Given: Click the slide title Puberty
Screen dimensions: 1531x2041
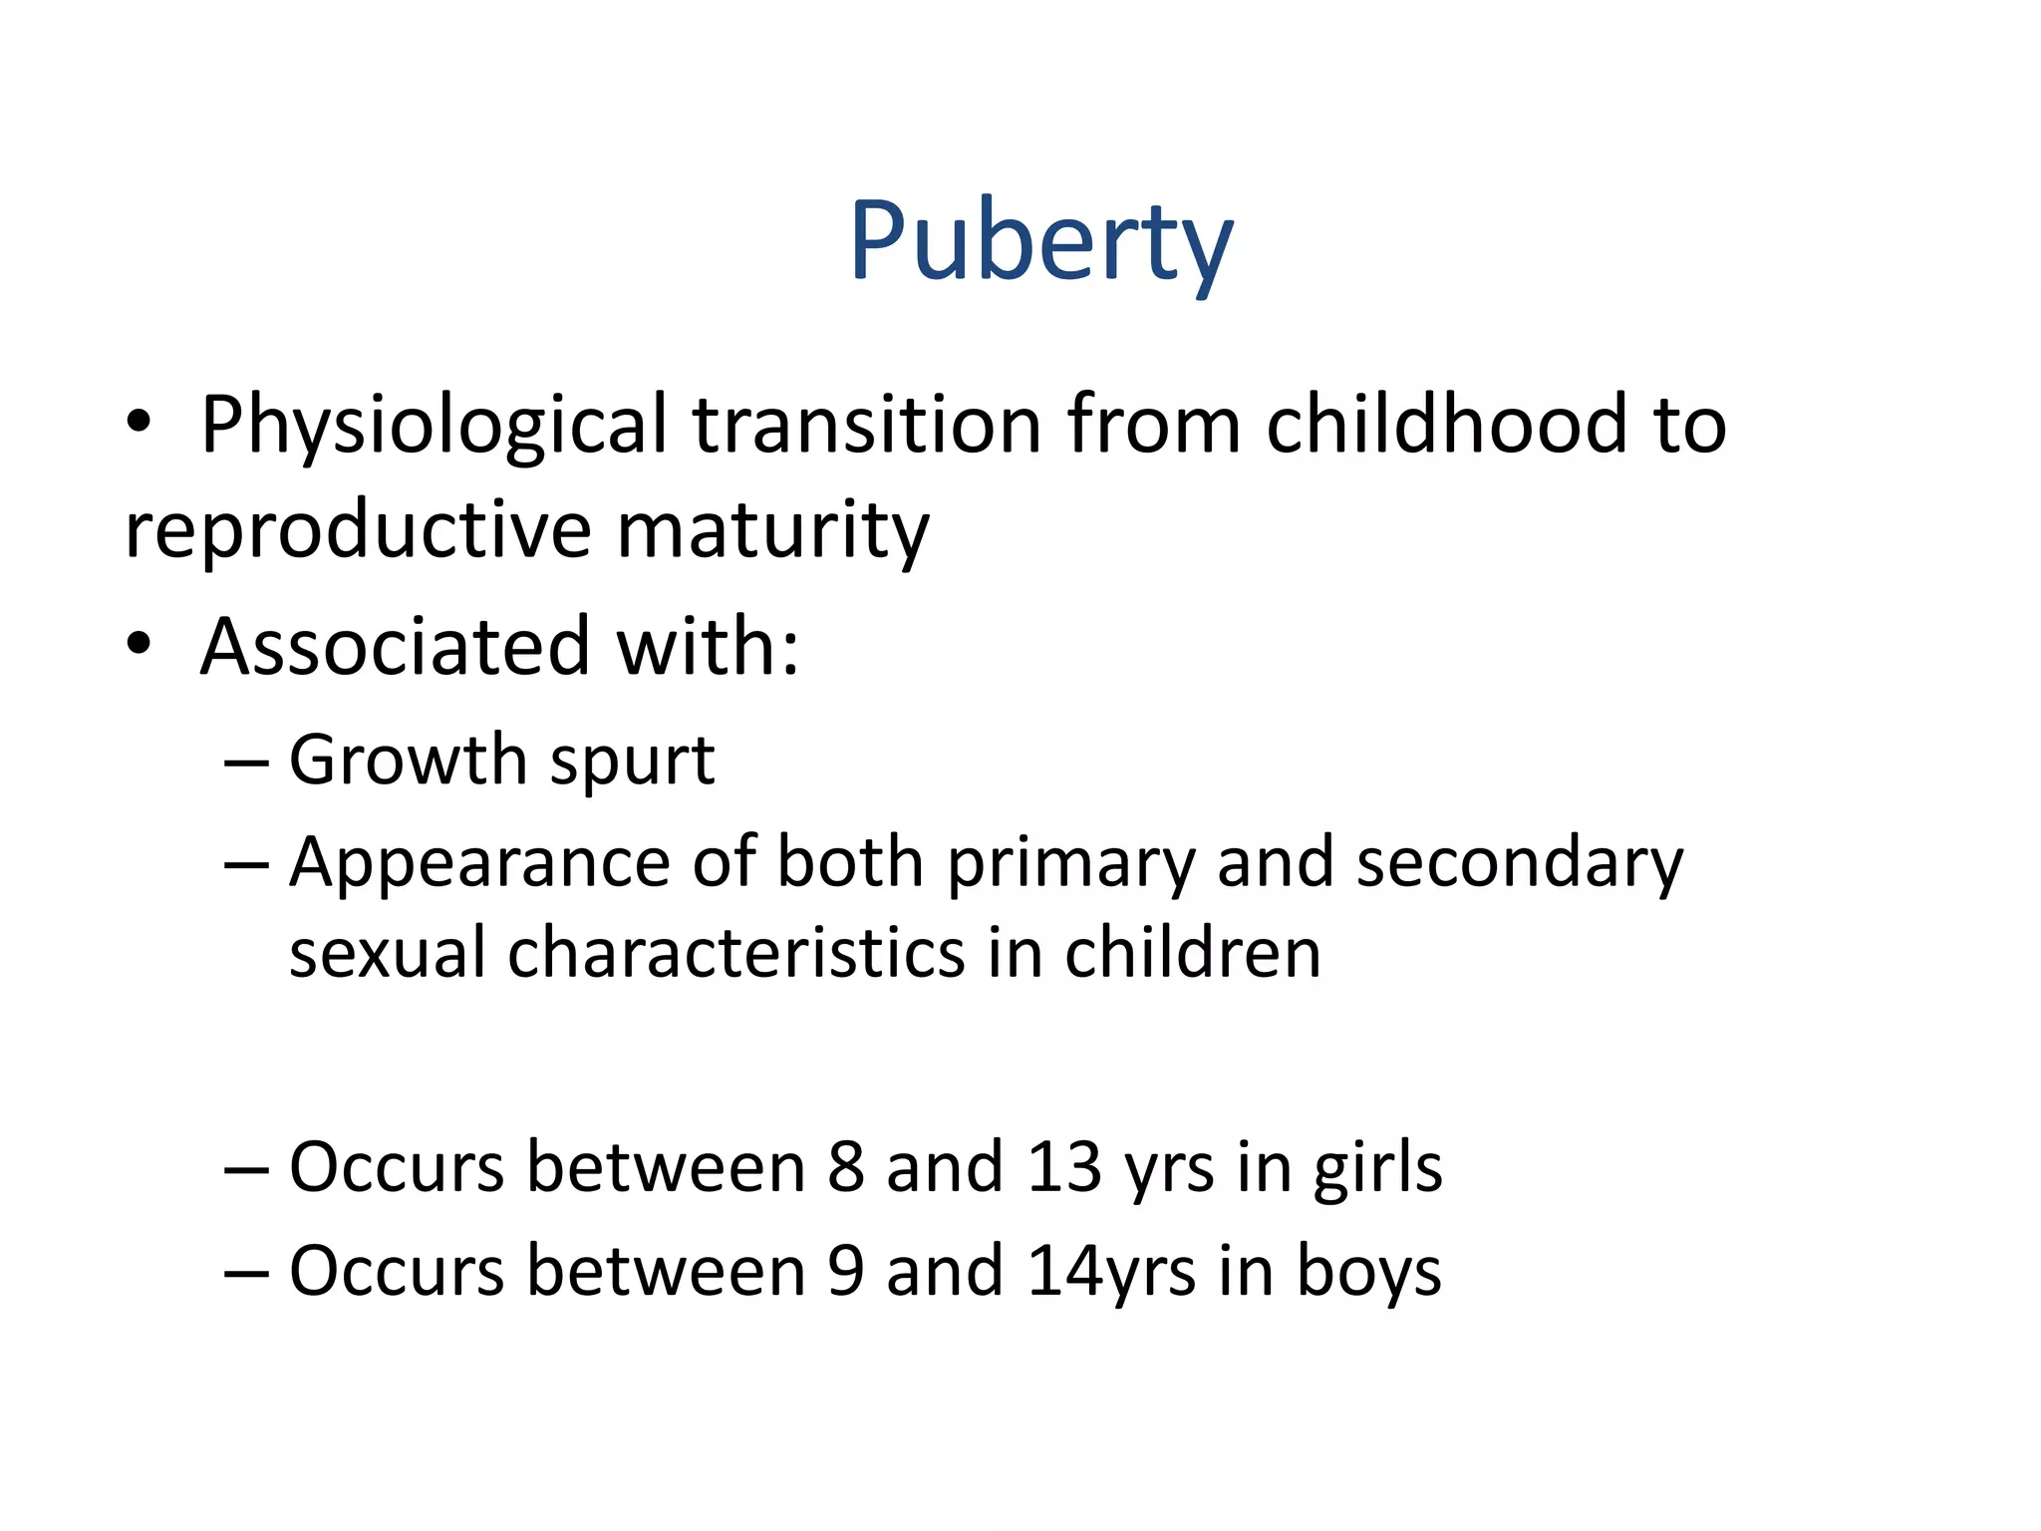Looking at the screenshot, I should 1040,242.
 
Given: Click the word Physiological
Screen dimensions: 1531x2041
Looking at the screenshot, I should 434,427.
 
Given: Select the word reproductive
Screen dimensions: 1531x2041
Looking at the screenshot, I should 358,530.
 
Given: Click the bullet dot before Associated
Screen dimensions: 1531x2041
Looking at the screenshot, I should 140,644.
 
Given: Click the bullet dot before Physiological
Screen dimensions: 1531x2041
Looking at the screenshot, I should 140,423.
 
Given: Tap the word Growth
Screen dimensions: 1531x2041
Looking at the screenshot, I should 408,761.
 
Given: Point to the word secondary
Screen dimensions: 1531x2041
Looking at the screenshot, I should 1520,864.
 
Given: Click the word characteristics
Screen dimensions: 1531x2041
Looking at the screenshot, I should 735,953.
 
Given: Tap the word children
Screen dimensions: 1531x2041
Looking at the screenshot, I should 1192,953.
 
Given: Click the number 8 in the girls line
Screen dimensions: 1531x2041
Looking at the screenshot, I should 845,1167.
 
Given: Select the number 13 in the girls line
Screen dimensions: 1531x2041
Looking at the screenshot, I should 1064,1167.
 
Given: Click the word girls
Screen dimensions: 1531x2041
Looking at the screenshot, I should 1377,1169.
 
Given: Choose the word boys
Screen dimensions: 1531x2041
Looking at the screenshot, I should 1368,1273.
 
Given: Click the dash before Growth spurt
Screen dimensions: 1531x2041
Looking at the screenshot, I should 246,763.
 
